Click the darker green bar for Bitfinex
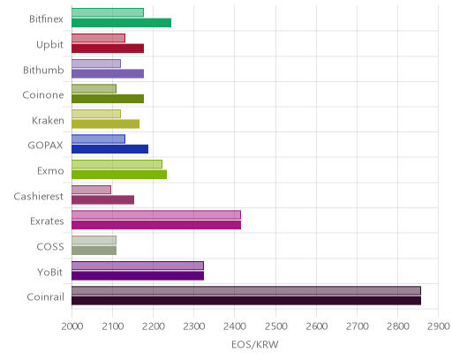click(x=121, y=23)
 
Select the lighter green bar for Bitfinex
click(x=108, y=12)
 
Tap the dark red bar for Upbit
click(x=108, y=49)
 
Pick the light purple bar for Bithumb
click(x=96, y=64)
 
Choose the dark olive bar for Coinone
click(x=108, y=99)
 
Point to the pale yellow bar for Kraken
click(x=96, y=114)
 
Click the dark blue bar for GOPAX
click(x=109, y=149)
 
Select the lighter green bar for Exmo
click(x=117, y=164)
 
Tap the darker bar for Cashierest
click(x=102, y=199)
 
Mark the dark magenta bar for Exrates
click(x=156, y=225)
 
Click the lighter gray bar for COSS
click(x=94, y=240)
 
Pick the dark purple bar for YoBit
click(x=138, y=276)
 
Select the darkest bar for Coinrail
click(x=246, y=301)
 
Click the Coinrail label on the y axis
click(x=45, y=297)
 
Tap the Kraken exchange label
click(x=48, y=121)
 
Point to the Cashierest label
click(x=39, y=196)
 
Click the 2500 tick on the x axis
click(x=275, y=326)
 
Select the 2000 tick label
click(x=72, y=326)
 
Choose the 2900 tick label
click(x=439, y=326)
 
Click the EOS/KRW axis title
click(x=255, y=344)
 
